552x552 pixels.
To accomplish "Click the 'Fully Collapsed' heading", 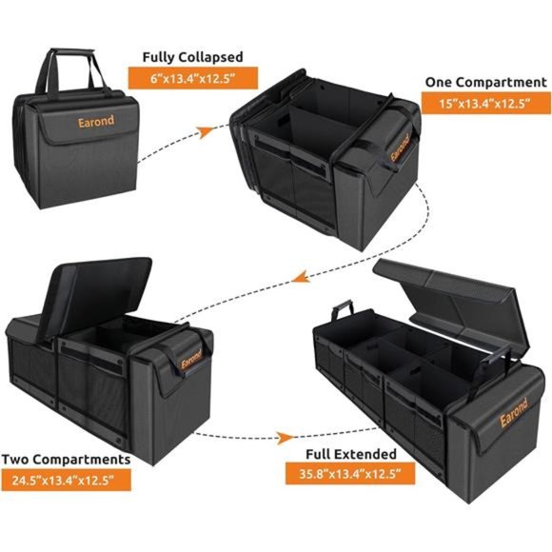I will coord(193,57).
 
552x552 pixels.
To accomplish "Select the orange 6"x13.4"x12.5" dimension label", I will coord(193,79).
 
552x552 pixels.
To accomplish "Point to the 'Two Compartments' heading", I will coord(65,461).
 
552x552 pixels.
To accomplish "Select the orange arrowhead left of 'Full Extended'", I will coord(282,439).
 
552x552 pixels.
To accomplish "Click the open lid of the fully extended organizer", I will coord(447,290).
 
